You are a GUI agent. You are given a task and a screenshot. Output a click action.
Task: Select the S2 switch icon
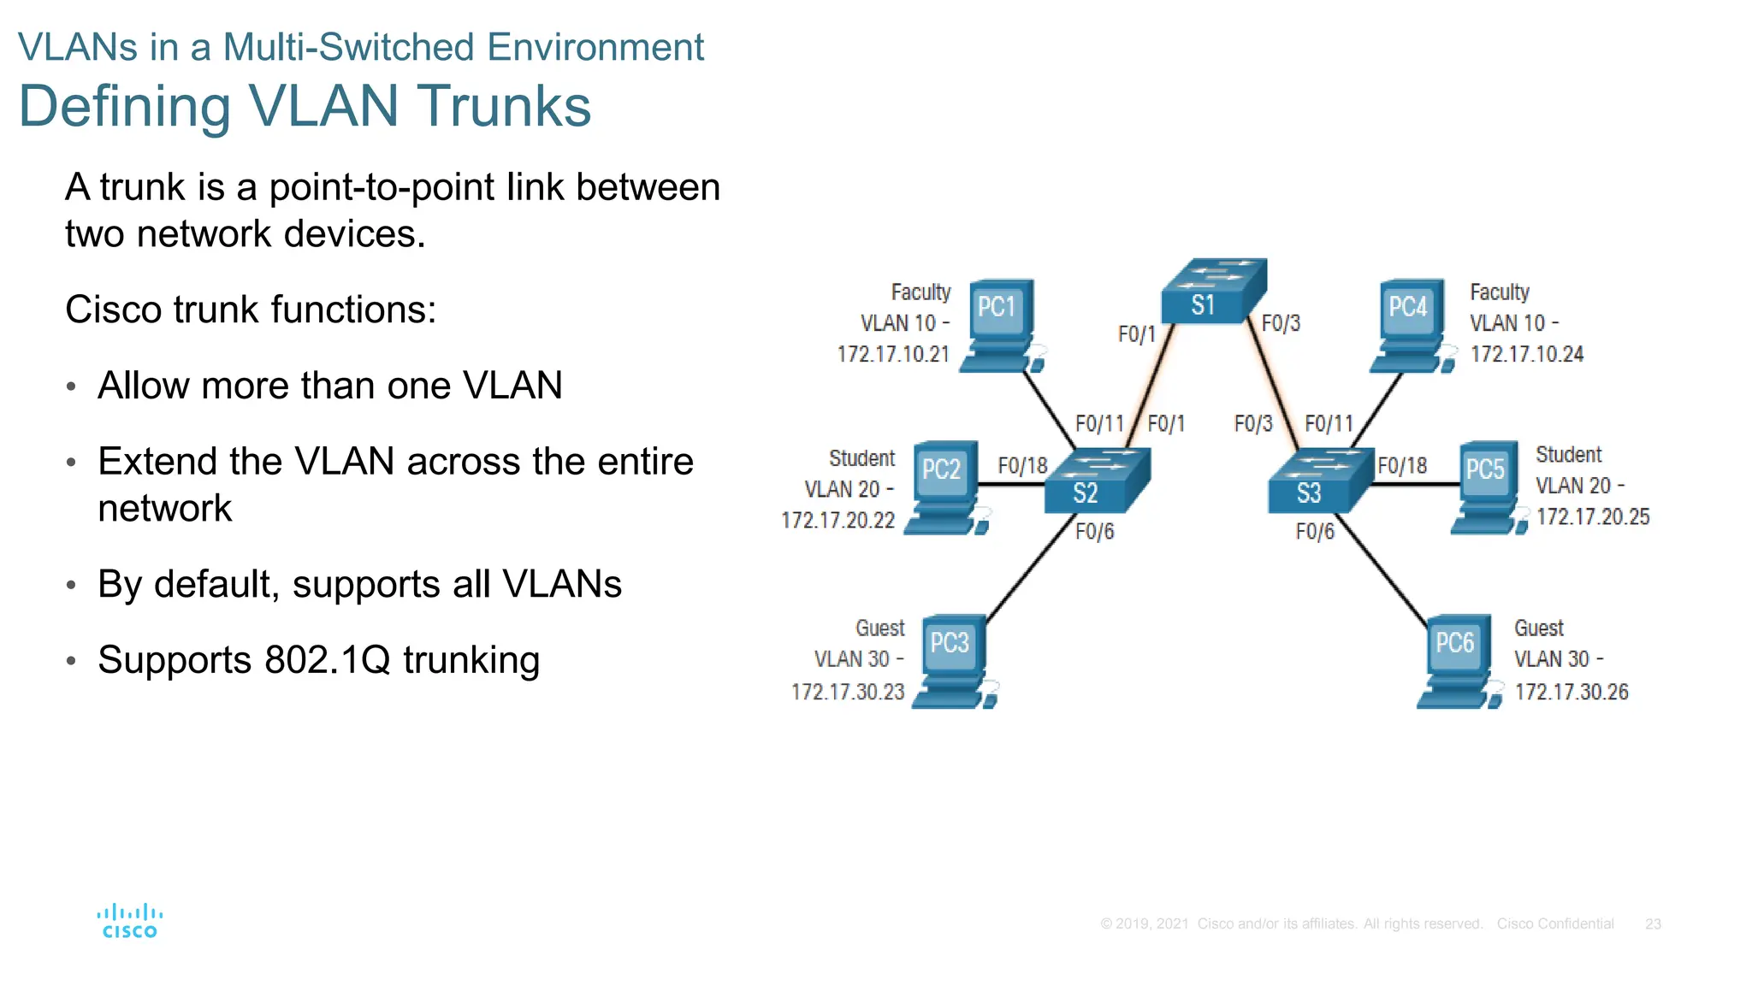(x=1096, y=481)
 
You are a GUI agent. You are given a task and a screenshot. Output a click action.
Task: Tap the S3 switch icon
(x=1318, y=481)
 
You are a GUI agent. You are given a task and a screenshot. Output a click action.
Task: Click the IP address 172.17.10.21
(x=893, y=354)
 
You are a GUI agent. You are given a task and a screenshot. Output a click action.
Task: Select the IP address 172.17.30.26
(x=1571, y=692)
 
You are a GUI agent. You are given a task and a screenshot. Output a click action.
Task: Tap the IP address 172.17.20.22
(x=838, y=520)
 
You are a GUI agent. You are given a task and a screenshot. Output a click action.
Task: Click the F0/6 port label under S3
(x=1315, y=532)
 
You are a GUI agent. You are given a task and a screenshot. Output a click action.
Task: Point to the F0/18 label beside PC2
(x=1022, y=466)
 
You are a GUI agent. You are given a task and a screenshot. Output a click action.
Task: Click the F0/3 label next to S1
(x=1281, y=323)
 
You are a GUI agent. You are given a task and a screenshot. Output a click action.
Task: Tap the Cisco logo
(x=130, y=922)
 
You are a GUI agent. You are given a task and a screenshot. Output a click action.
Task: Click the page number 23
(x=1653, y=924)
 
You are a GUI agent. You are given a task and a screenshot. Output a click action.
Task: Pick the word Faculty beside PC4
(x=1499, y=292)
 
